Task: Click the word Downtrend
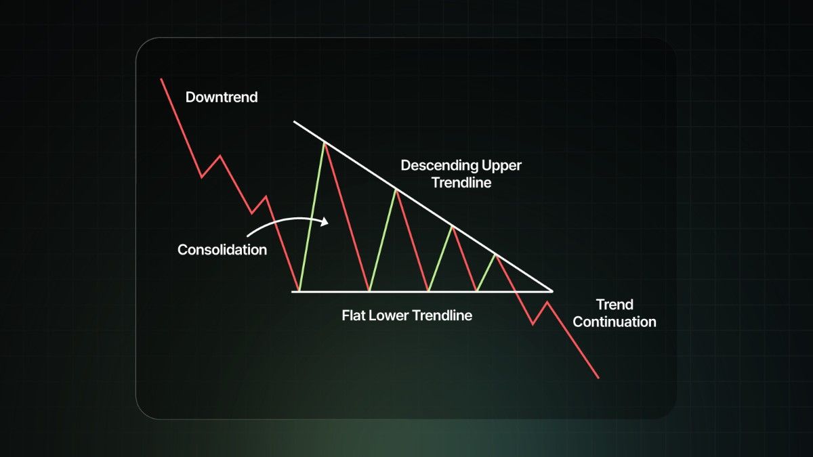[x=222, y=97]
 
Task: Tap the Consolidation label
[x=222, y=250]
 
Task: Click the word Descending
[x=439, y=166]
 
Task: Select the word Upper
[x=501, y=167]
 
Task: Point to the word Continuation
[x=614, y=322]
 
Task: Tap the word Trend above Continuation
[x=614, y=305]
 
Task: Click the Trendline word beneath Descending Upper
[x=461, y=182]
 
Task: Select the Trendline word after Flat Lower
[x=442, y=315]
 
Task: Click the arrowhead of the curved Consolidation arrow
[x=325, y=221]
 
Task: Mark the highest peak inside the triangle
[x=325, y=144]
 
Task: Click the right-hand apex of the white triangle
[x=552, y=291]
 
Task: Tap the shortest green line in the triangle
[x=486, y=273]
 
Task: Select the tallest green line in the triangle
[x=312, y=217]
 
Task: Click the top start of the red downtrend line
[x=161, y=79]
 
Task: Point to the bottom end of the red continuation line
[x=598, y=378]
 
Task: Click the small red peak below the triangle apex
[x=547, y=302]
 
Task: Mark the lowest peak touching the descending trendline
[x=496, y=256]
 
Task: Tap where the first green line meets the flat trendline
[x=299, y=291]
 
